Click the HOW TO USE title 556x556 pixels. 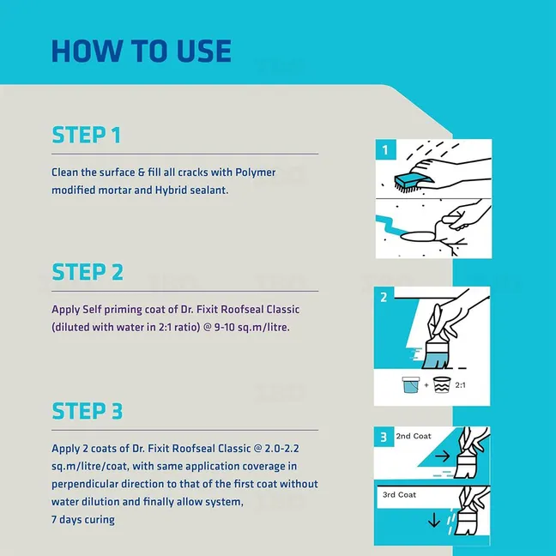[x=142, y=51]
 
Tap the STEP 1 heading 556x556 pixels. [x=86, y=135]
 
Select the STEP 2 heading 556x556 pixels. [x=88, y=272]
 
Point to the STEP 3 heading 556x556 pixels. [x=88, y=411]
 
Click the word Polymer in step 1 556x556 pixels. [x=256, y=172]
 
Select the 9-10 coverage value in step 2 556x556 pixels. [x=224, y=327]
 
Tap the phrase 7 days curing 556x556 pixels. [x=83, y=520]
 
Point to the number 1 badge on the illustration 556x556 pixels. [x=385, y=149]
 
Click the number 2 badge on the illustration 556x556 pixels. [x=384, y=297]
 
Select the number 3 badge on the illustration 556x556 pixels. [x=384, y=437]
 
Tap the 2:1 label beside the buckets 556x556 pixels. [x=460, y=385]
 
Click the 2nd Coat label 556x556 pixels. [x=414, y=436]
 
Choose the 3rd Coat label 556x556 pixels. [x=399, y=495]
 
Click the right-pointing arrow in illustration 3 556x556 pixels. [x=442, y=456]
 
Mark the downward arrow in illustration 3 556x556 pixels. [x=434, y=520]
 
